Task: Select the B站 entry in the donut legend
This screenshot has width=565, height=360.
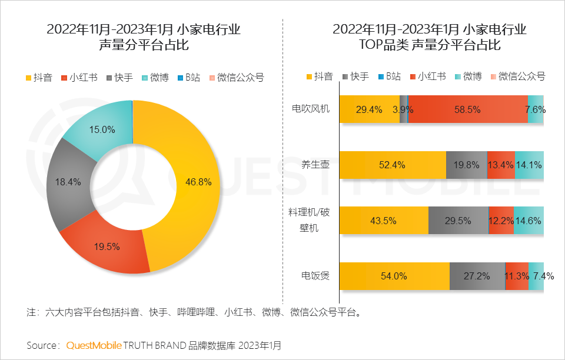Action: click(188, 77)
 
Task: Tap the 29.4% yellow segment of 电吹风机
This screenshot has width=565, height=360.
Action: click(369, 109)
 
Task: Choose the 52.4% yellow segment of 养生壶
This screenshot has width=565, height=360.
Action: click(392, 165)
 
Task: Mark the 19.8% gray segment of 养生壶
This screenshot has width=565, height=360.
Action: click(466, 165)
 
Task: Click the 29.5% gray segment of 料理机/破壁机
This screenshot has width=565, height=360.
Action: click(458, 221)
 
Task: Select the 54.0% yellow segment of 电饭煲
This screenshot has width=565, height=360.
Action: click(394, 276)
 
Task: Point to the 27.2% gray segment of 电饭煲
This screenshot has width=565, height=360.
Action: click(477, 276)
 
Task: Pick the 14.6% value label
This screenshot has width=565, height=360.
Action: click(529, 221)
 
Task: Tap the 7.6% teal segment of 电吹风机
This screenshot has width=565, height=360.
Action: click(536, 109)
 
